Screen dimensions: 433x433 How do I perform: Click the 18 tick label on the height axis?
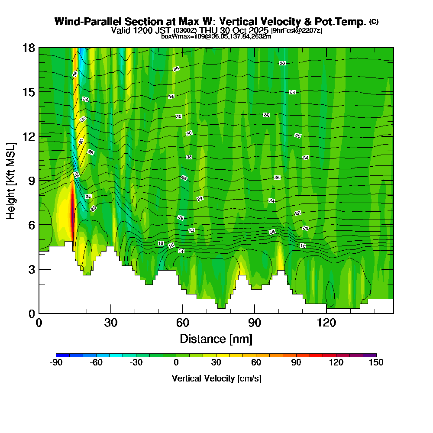29,48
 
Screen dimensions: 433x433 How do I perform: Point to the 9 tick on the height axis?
39,180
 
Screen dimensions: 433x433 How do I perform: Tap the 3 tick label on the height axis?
31,269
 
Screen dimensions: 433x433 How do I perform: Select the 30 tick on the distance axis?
111,313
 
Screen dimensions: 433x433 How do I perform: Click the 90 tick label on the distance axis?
255,323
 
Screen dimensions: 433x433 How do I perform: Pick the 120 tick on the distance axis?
326,313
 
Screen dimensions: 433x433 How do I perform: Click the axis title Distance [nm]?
216,338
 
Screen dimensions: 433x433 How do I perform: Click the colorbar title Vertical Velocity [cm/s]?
216,378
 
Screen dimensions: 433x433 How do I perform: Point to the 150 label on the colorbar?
376,362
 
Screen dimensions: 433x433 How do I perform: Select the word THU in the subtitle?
209,30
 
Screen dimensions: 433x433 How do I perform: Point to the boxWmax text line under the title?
216,36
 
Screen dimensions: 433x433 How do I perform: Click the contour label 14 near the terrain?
181,251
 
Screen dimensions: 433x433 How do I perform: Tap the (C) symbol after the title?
374,22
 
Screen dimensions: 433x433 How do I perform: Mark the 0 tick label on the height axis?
31,313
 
